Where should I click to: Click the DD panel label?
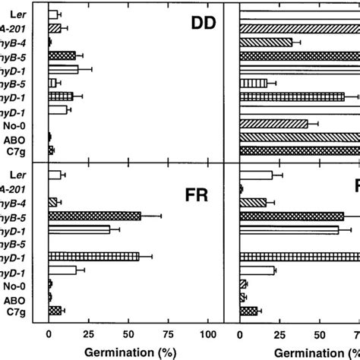[x=202, y=25]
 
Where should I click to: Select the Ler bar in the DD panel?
[x=53, y=14]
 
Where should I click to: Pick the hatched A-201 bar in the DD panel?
[x=54, y=28]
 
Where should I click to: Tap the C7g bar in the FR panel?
[x=55, y=310]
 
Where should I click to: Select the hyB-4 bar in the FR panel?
[x=52, y=202]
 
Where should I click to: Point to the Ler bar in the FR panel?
[x=55, y=175]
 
